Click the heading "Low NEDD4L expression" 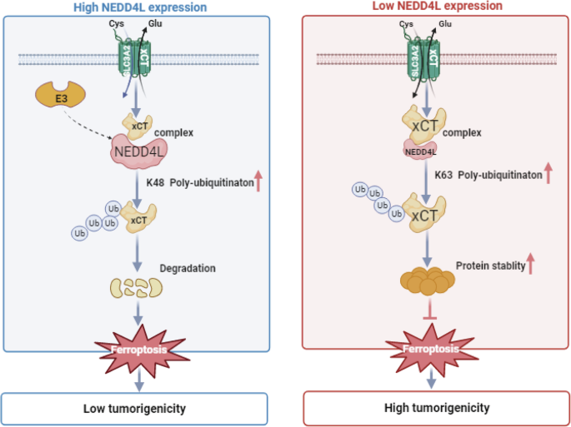436,7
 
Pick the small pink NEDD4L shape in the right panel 421,151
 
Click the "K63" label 444,176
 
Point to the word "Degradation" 188,268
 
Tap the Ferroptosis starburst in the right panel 432,349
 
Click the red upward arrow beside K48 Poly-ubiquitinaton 258,181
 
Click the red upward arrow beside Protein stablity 529,265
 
